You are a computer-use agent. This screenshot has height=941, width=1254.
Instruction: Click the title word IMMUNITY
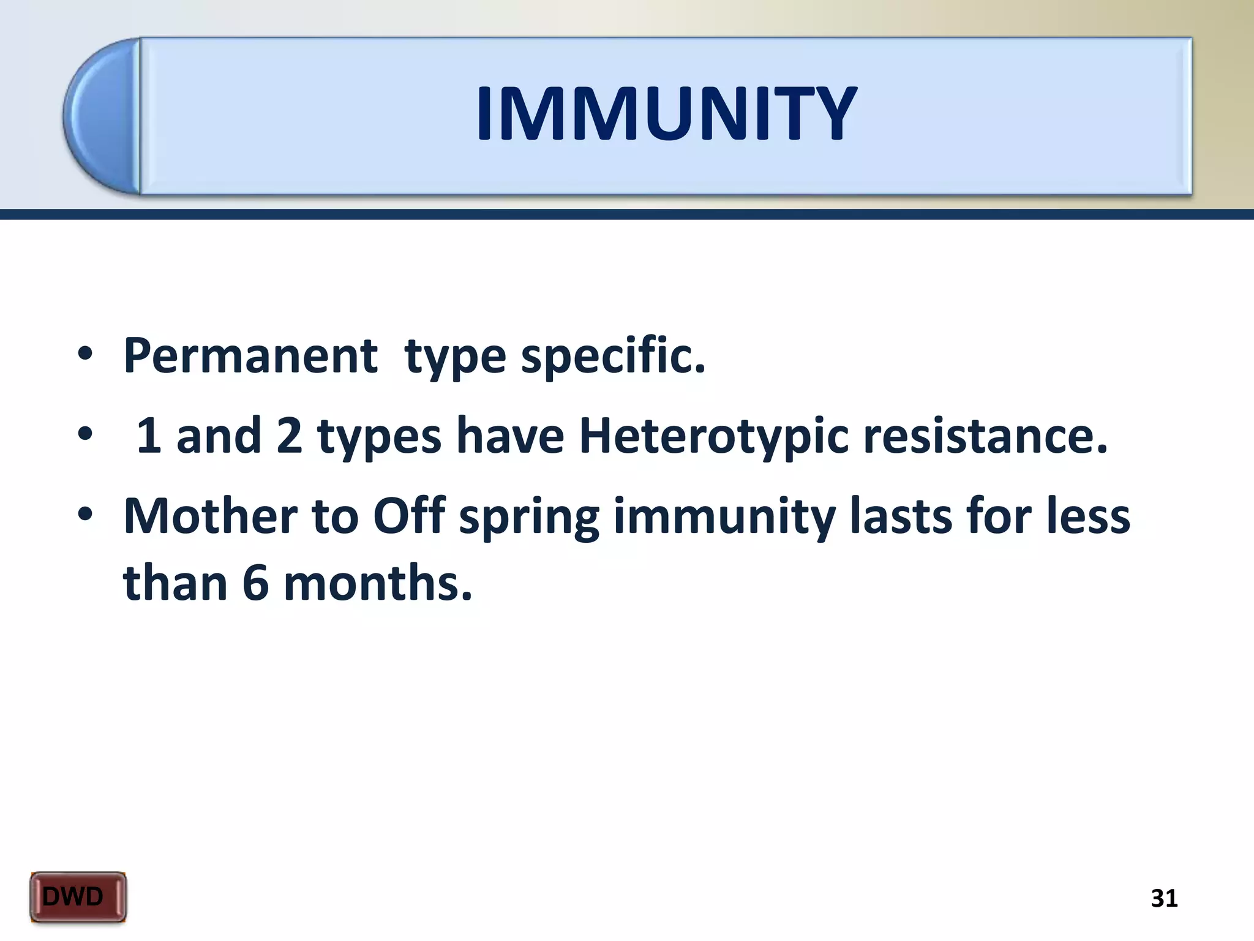click(x=666, y=115)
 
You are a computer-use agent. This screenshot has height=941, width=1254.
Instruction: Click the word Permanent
click(x=250, y=356)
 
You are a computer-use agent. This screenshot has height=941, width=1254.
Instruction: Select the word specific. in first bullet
click(x=613, y=356)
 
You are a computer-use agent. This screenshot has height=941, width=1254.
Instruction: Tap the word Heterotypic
click(x=713, y=436)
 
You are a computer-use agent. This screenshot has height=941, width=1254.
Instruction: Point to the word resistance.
click(x=985, y=436)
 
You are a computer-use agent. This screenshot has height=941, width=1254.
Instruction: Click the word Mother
click(x=210, y=516)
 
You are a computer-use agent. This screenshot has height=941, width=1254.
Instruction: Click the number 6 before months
click(x=256, y=583)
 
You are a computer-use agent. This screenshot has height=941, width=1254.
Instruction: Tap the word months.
click(x=378, y=583)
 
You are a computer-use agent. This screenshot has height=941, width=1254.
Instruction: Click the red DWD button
click(x=78, y=897)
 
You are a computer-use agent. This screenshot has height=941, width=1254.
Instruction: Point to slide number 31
click(x=1164, y=898)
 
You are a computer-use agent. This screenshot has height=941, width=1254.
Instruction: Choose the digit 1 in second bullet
click(x=149, y=436)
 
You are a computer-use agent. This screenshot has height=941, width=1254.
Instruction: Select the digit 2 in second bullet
click(x=289, y=436)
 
